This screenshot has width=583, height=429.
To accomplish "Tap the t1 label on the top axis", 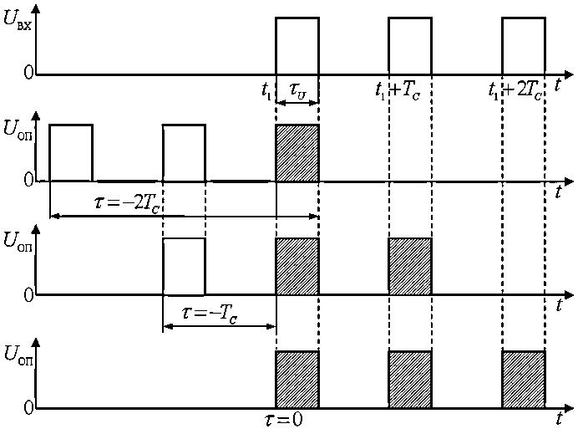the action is [267, 89].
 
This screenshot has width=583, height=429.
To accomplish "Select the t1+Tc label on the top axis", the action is [397, 89].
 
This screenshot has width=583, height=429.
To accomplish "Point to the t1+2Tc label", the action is [517, 89].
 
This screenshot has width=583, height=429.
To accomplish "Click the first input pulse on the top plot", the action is [297, 46].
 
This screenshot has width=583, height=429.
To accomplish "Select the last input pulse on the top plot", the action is [524, 46].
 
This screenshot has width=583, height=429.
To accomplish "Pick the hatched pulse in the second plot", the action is [297, 152].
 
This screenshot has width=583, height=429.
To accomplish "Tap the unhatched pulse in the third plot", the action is [184, 267].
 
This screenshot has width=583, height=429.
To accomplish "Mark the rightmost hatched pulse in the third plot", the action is [410, 267].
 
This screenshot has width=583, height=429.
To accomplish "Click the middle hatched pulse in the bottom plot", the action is [410, 380].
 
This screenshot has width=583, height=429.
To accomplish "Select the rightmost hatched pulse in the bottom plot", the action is [524, 380].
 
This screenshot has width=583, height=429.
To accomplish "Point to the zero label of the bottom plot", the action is [28, 409].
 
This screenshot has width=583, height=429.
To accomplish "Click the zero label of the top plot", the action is [28, 73].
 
